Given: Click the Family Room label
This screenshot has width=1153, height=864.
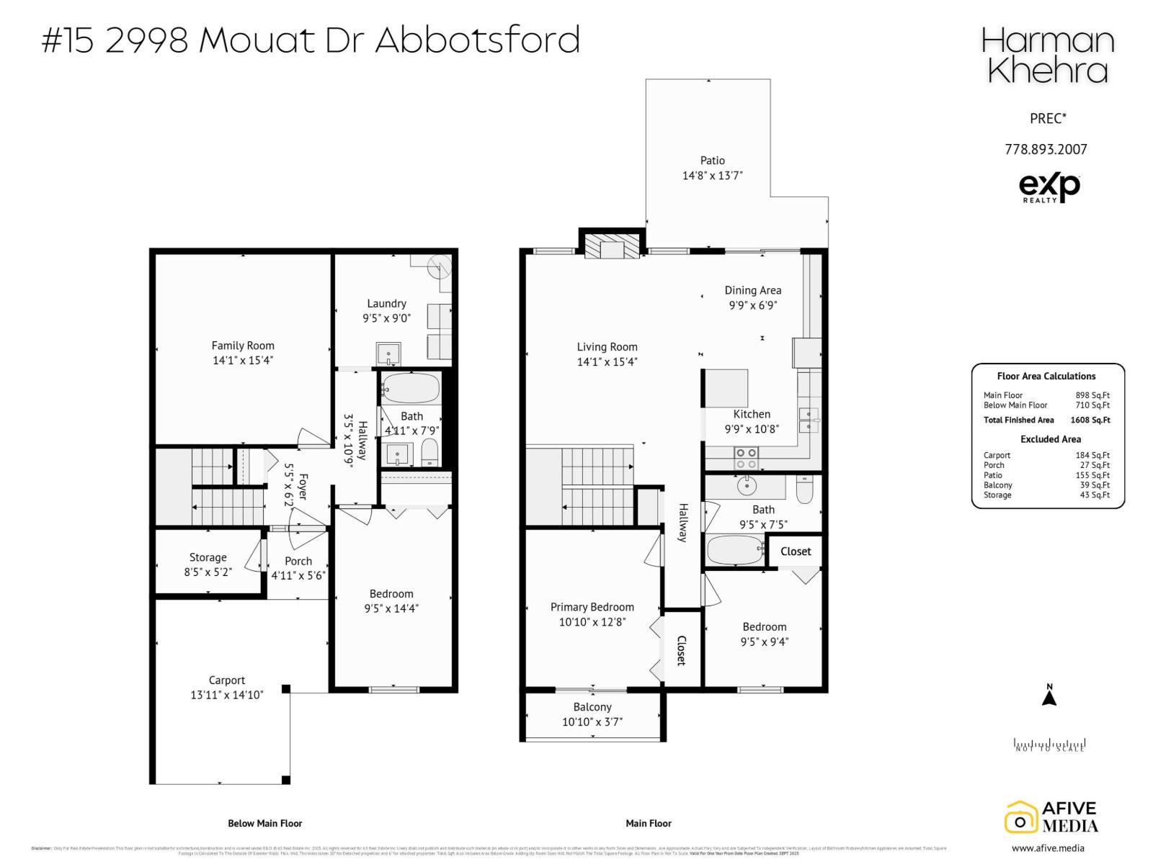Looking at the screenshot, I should coord(243,346).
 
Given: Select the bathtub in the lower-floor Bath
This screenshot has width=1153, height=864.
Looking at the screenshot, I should coord(410,389).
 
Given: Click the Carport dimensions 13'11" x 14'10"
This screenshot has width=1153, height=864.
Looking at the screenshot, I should coord(227,695).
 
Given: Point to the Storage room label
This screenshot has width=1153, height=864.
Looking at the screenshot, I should coord(208,557).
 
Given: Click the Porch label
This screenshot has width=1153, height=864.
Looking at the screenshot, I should coord(298,561).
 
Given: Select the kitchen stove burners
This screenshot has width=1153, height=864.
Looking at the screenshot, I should coord(746,458).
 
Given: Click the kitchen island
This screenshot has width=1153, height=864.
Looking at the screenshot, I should coord(726,387).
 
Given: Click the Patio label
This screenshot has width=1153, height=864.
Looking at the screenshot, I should coord(712,161).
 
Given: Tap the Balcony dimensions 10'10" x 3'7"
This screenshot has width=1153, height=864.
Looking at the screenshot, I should coord(592,721).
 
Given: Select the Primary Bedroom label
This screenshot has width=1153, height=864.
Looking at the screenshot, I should coord(592,607).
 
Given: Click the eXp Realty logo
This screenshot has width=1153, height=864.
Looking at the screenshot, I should coord(1049,187).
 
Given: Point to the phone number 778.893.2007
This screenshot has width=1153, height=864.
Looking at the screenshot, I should coord(1046,149).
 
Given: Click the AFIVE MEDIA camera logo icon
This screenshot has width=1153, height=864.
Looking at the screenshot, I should coord(1020,819).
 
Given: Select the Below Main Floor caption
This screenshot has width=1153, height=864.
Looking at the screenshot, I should coord(264,823).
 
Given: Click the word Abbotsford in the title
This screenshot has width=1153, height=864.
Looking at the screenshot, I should coord(477,40).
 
